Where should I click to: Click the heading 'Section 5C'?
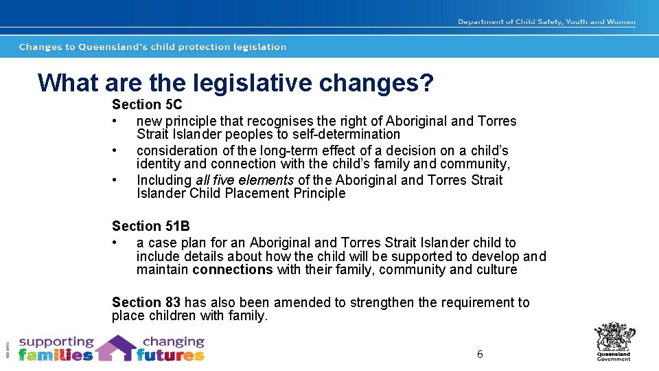click(147, 105)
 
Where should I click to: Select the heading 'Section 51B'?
click(151, 227)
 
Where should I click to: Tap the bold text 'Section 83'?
click(146, 303)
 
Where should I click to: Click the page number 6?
click(480, 355)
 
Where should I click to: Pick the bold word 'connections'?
click(233, 270)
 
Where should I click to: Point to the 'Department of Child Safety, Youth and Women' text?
click(546, 22)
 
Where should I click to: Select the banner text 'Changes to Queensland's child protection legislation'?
click(152, 47)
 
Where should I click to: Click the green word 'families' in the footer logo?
click(56, 355)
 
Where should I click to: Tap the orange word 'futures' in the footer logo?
click(170, 355)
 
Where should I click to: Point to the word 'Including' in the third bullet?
click(164, 181)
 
